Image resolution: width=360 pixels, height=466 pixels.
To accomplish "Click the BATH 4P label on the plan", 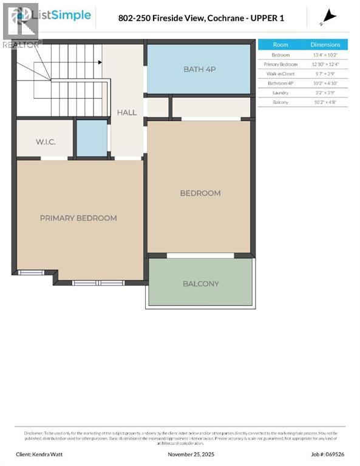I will pos(200,69).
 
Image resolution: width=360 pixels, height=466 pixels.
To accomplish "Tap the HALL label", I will pos(127,112).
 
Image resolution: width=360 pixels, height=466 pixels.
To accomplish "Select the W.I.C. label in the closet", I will pos(46,142).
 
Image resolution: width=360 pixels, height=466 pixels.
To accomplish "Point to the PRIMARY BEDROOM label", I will pos(78,218).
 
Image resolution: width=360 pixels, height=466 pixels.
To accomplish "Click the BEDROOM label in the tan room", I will pos(200,193).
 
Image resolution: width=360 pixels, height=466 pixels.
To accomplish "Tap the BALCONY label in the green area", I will pos(201,283).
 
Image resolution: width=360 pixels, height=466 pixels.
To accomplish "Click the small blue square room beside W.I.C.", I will pos(92,138).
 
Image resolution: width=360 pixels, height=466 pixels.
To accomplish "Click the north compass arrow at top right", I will pos(330,16).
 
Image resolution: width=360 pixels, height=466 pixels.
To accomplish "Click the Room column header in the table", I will pos(280,44).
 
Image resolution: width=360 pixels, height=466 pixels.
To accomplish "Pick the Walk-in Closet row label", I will pos(280,73).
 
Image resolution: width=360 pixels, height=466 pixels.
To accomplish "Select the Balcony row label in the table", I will pos(280,103).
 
